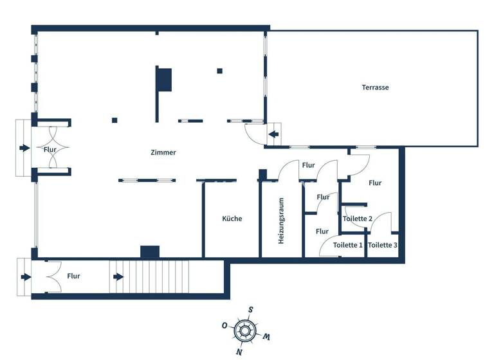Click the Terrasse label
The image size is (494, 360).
pos(375,87)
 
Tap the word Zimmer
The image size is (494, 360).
pos(163,152)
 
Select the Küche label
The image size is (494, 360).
pos(232,219)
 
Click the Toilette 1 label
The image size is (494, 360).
pos(348,245)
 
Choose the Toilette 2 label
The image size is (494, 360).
pos(358,219)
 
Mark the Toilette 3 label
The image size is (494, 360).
pos(383,245)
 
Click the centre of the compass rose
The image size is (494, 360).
pos(244,330)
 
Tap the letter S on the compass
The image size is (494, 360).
pos(250,309)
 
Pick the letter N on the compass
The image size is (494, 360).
pos(239,352)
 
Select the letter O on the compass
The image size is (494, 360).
pos(224,325)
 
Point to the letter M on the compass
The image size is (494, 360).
pos(266,337)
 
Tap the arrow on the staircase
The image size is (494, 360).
pos(119,277)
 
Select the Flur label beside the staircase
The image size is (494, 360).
pos(73,276)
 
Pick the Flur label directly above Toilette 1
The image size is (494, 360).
pos(322,231)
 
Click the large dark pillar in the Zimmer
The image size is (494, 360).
pos(164,79)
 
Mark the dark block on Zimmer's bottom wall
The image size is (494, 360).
pos(150,251)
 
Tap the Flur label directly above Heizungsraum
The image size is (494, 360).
pos(308,165)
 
